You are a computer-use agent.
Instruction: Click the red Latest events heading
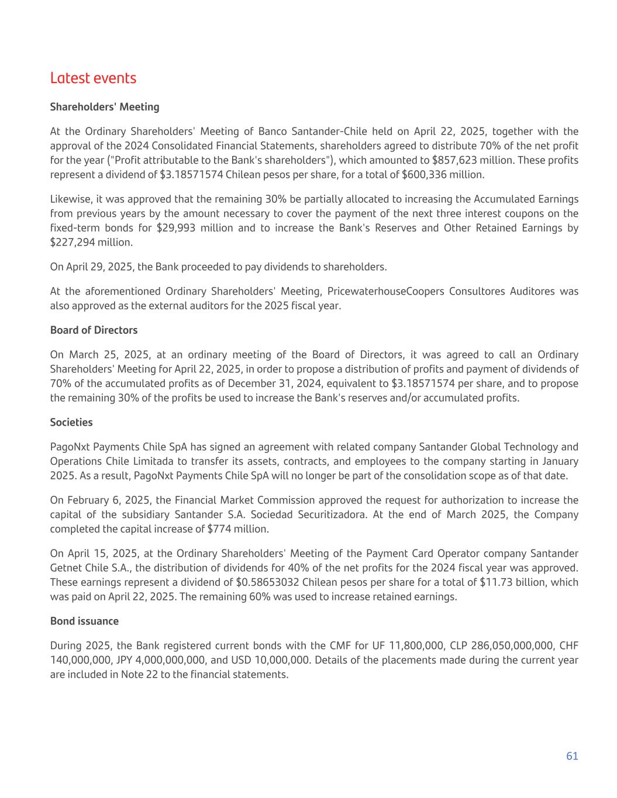(x=93, y=78)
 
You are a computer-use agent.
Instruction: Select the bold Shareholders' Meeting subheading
(x=105, y=107)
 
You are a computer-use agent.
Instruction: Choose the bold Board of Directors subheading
(x=94, y=330)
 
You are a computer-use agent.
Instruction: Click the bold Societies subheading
(x=71, y=422)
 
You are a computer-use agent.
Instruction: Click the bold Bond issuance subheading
(x=84, y=621)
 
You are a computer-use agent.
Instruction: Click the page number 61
(x=572, y=756)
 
